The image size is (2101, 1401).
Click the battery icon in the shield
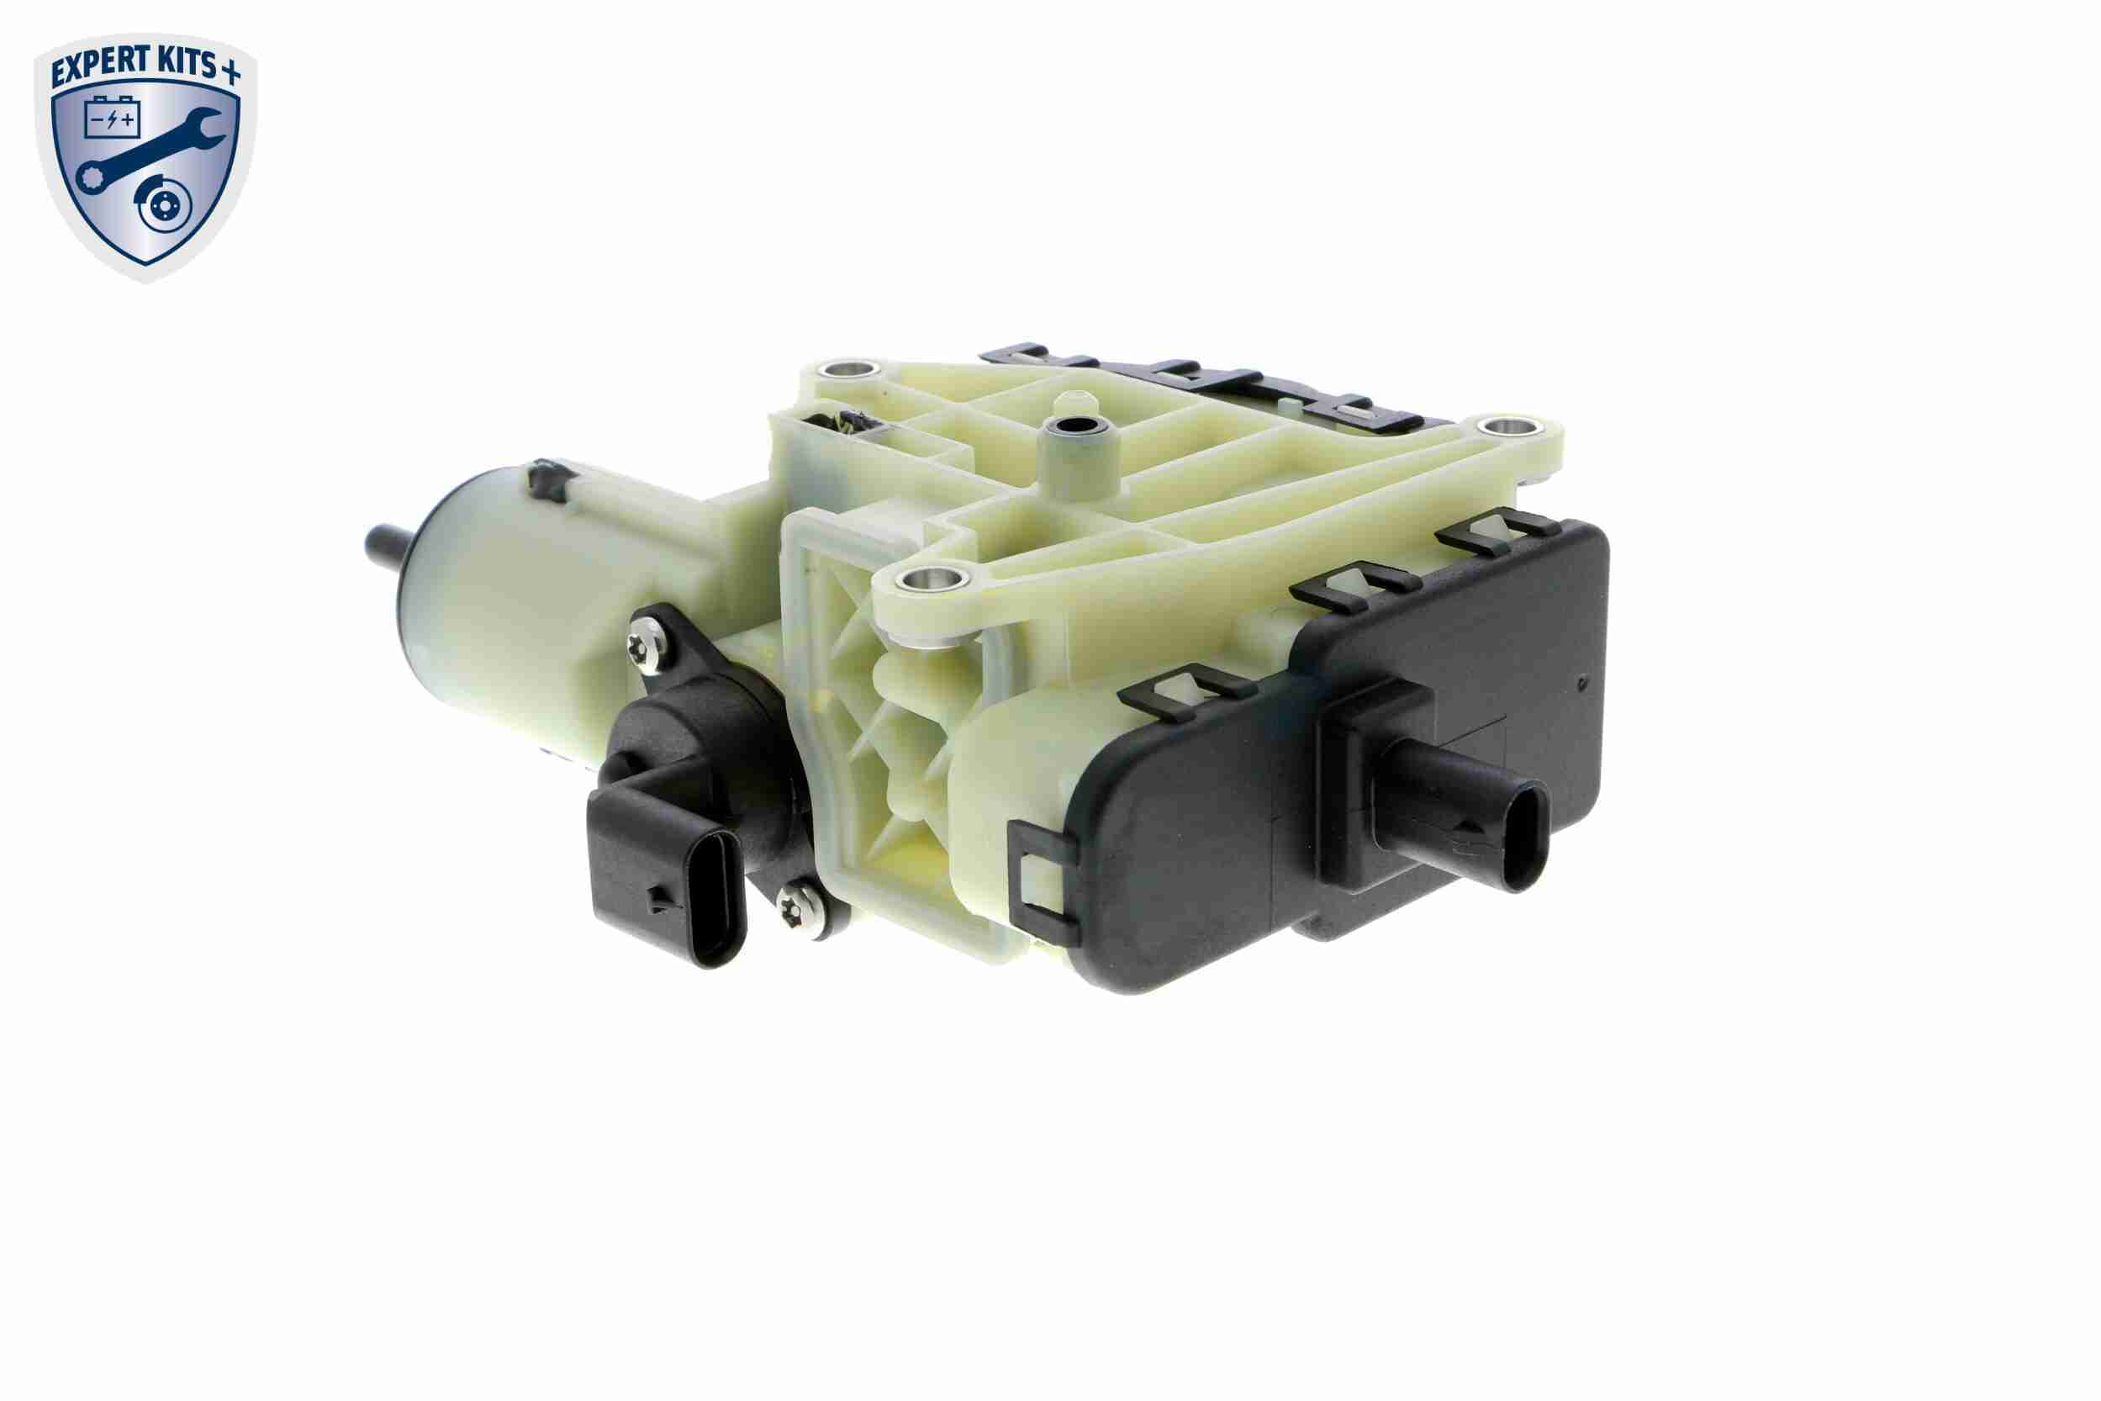tap(112, 118)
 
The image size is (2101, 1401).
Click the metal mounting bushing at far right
tap(1509, 428)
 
